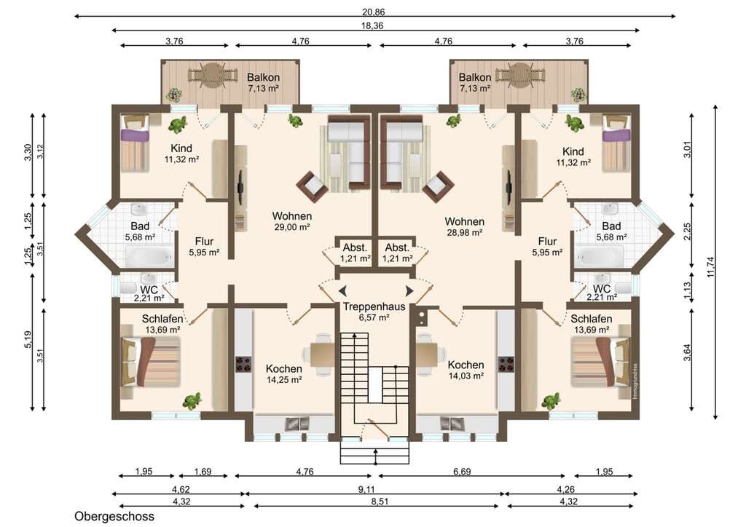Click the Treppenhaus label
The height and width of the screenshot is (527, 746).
(374, 306)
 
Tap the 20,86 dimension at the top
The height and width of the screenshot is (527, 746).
(374, 12)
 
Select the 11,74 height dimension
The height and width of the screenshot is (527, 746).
(711, 267)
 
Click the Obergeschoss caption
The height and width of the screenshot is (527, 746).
(114, 516)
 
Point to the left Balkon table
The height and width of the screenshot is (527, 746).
(213, 76)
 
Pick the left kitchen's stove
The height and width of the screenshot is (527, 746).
(244, 363)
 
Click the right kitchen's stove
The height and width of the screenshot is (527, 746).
(506, 363)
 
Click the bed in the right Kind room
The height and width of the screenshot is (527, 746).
(616, 143)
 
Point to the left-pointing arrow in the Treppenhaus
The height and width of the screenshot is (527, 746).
(342, 291)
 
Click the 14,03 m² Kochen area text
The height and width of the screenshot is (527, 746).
(466, 376)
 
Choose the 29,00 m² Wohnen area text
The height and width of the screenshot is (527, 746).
(292, 227)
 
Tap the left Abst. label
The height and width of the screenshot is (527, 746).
(355, 247)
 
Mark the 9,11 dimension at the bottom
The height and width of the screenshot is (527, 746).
(366, 489)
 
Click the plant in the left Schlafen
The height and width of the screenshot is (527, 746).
(192, 402)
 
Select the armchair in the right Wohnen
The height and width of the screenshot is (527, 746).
(438, 186)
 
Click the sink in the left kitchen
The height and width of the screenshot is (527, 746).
(297, 424)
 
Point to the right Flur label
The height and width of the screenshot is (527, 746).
(547, 242)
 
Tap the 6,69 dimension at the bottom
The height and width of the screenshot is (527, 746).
(462, 472)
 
